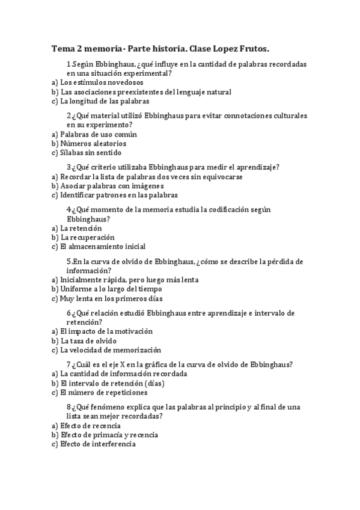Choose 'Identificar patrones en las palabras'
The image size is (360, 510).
pos(119,195)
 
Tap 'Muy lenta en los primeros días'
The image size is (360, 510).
pos(111,298)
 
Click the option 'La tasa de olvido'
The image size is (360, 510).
pos(88,341)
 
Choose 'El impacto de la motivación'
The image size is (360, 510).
pos(106,331)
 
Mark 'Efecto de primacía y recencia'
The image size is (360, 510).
pos(108,435)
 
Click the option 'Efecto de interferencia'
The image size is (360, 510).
pos(98,444)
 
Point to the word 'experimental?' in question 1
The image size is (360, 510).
pos(148,73)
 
